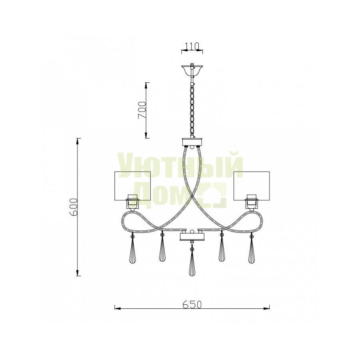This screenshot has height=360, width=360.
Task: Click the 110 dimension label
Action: click(x=192, y=46)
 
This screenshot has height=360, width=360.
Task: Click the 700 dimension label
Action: click(x=142, y=110)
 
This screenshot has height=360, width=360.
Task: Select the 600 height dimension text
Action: click(x=74, y=207)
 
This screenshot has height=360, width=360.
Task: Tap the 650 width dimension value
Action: click(x=192, y=304)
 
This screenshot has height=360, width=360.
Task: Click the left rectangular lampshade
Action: click(x=132, y=186)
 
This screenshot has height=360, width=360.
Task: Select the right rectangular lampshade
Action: click(x=252, y=186)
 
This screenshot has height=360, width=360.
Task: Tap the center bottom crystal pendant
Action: click(x=192, y=261)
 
